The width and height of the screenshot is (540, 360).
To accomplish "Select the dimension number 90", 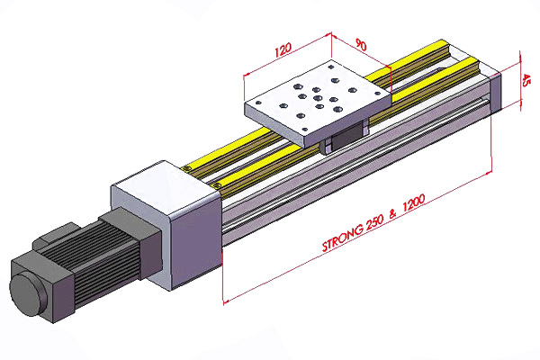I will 360,46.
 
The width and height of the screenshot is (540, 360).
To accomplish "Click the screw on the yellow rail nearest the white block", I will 217,186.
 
